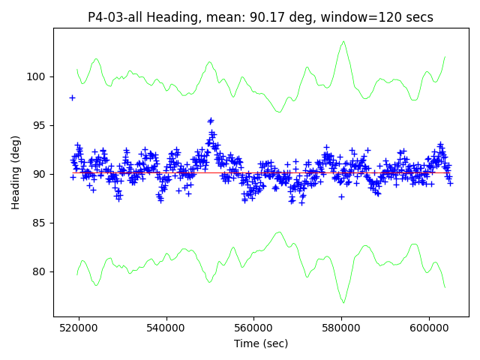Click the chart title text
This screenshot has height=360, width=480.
[x=260, y=17]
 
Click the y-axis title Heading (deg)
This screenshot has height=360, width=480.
[x=16, y=172]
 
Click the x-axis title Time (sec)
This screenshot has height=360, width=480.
[x=260, y=343]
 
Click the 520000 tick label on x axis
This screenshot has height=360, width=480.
[x=79, y=328]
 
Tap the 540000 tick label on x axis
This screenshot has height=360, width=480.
[x=166, y=328]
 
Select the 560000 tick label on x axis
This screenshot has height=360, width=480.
[x=254, y=328]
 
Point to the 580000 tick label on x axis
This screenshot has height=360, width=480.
[x=341, y=328]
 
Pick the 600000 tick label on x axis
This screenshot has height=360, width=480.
[x=429, y=328]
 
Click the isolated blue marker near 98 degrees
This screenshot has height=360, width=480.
[x=72, y=97]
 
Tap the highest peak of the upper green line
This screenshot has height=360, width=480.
[x=343, y=42]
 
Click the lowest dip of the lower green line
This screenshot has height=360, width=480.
[x=343, y=302]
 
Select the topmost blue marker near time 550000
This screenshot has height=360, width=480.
[x=211, y=120]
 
